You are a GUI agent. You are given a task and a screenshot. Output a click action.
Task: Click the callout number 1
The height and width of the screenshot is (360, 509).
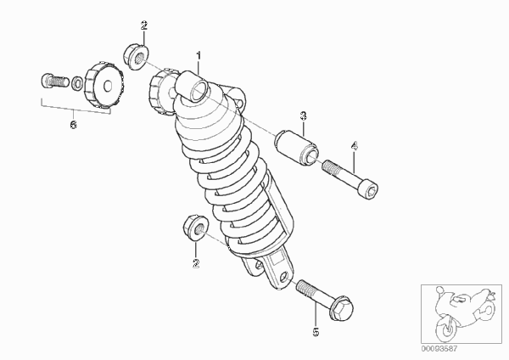point(199,55)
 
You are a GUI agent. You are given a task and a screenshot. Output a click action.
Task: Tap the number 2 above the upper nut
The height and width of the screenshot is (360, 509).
point(144,25)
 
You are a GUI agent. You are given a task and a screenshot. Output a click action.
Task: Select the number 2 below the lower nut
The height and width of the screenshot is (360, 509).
point(196,263)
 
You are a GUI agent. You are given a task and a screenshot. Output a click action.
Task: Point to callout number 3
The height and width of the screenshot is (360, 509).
point(303,116)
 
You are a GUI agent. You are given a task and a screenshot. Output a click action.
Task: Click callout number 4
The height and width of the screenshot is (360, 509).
point(354,146)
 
